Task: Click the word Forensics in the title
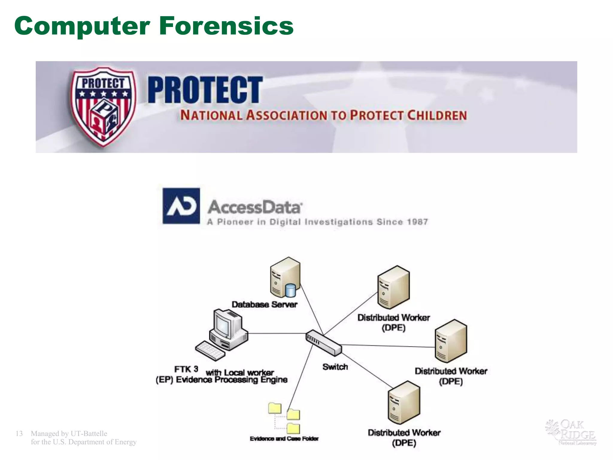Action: pyautogui.click(x=226, y=26)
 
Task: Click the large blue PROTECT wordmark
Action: pyautogui.click(x=205, y=90)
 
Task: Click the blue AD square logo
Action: pyautogui.click(x=181, y=206)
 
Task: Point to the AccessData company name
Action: pyautogui.click(x=254, y=207)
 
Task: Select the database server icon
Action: pyautogui.click(x=285, y=277)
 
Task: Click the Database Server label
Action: pyautogui.click(x=264, y=305)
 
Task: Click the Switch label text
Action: pyautogui.click(x=335, y=367)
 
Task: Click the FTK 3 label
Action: pyautogui.click(x=186, y=369)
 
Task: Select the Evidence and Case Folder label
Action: pyautogui.click(x=284, y=439)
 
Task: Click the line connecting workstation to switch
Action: pyautogui.click(x=277, y=333)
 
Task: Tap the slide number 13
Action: pyautogui.click(x=19, y=434)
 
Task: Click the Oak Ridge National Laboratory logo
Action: pyautogui.click(x=571, y=432)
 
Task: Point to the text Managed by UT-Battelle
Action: pyautogui.click(x=69, y=434)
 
